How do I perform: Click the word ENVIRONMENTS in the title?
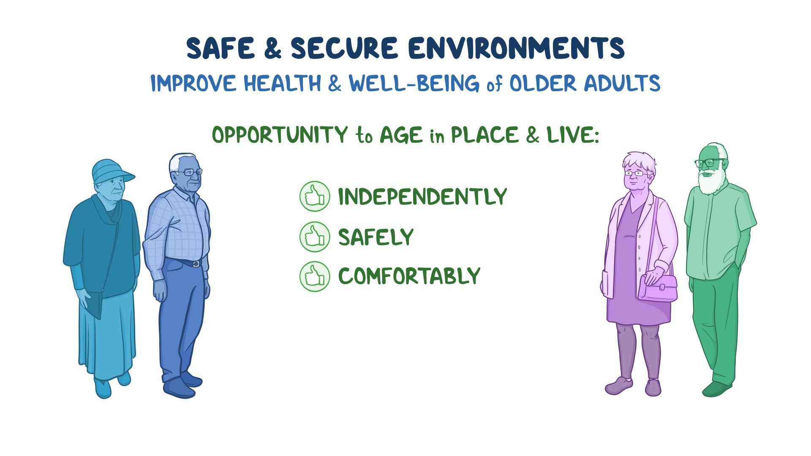pos(516,48)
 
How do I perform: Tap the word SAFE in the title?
pos(220,48)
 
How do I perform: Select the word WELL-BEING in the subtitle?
pos(414,83)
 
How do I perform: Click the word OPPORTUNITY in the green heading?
pos(279,135)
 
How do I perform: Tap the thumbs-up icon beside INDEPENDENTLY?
pos(315,196)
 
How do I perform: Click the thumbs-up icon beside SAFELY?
pos(315,236)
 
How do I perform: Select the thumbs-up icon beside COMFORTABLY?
pos(315,276)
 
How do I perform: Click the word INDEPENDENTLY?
pos(422,196)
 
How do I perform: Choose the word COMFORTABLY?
pos(409,276)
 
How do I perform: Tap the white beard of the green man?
pos(711,182)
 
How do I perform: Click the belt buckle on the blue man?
pos(196,264)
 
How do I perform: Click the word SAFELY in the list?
pos(376,237)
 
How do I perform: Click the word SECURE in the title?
pos(344,48)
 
